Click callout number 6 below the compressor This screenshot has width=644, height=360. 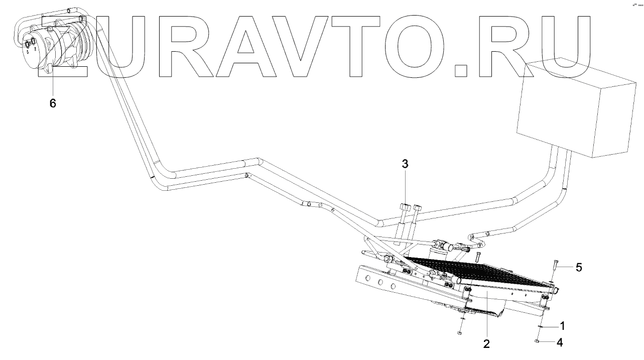pos(52,103)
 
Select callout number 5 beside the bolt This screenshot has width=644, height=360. pos(579,268)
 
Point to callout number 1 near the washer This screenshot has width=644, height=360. pos(562,326)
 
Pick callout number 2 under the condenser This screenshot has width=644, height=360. pos(486,344)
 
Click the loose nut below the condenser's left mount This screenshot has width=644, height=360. pos(459,332)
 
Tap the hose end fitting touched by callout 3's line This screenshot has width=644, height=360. pos(404,206)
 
